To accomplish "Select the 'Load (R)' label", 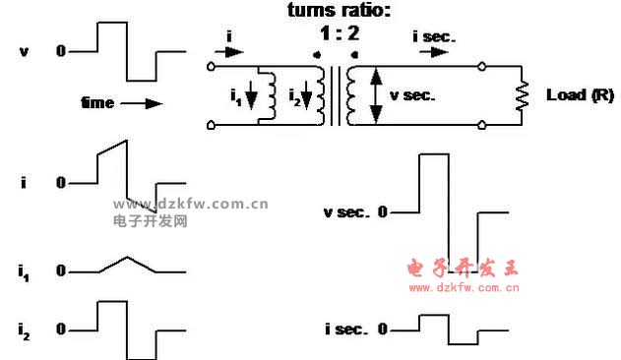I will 581,95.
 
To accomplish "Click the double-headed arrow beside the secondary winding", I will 374,95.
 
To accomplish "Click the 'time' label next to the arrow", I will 97,102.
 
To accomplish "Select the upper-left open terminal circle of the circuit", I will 212,68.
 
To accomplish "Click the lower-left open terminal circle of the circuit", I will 212,125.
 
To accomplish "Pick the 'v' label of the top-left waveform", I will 24,49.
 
